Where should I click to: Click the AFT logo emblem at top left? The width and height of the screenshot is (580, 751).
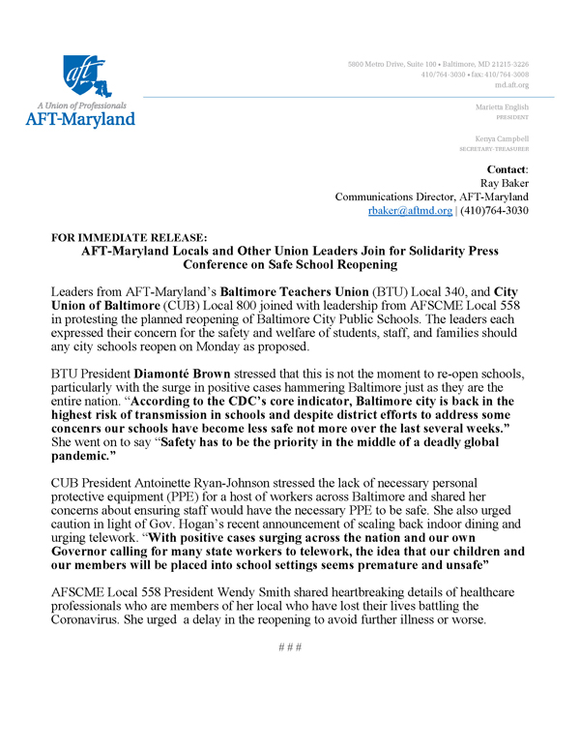91,76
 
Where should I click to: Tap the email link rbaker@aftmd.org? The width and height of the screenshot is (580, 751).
410,210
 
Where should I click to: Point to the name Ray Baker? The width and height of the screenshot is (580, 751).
507,182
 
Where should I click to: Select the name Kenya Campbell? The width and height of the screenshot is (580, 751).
505,140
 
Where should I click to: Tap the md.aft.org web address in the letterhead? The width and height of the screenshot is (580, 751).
512,84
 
